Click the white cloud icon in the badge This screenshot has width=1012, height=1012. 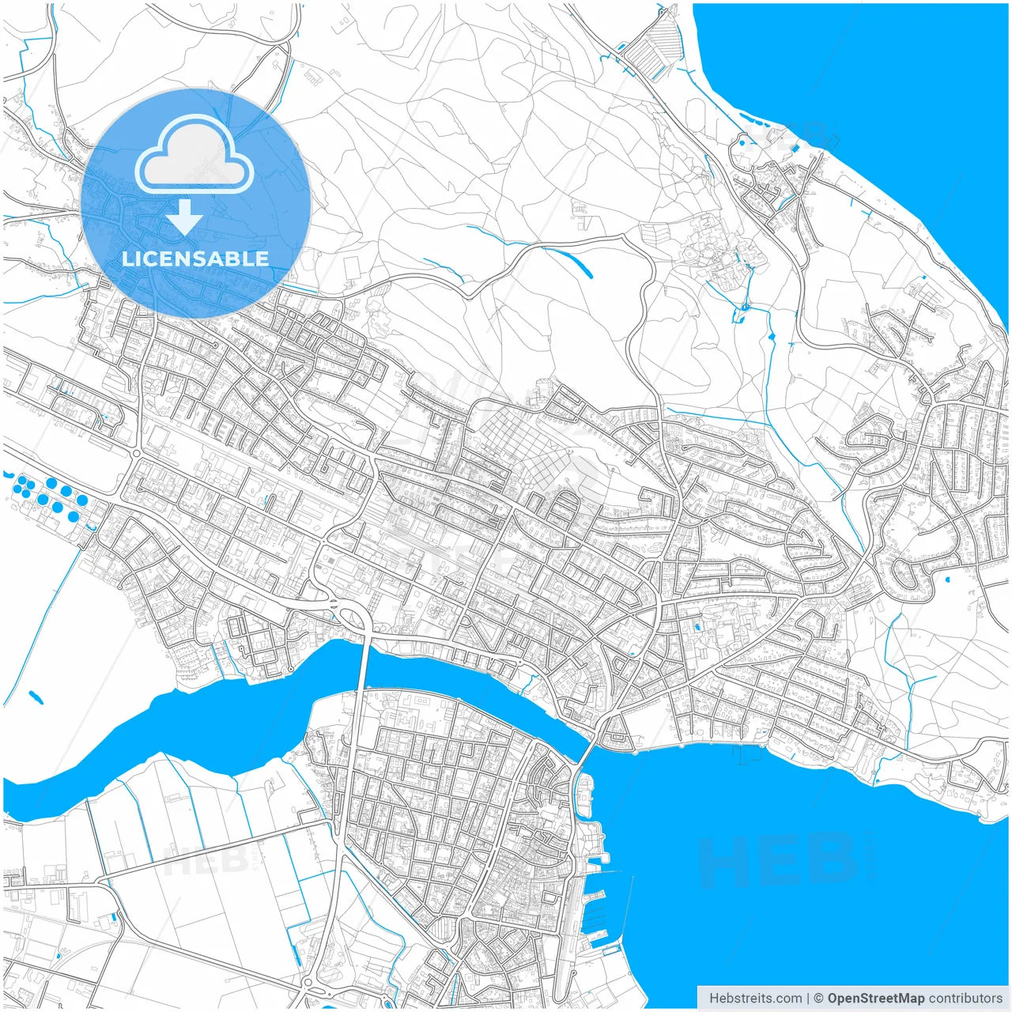tap(194, 156)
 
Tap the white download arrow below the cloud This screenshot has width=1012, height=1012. tap(185, 217)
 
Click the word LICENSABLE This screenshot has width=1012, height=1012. tap(195, 259)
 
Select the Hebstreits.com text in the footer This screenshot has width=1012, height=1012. tap(755, 999)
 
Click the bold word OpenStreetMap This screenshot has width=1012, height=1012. tap(875, 999)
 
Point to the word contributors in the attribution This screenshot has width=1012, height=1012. tap(965, 999)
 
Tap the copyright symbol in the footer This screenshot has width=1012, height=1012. tap(818, 999)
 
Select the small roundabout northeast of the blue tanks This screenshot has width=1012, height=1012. tap(136, 453)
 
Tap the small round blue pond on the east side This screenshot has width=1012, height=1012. tap(947, 580)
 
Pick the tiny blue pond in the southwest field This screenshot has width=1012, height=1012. tap(36, 697)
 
